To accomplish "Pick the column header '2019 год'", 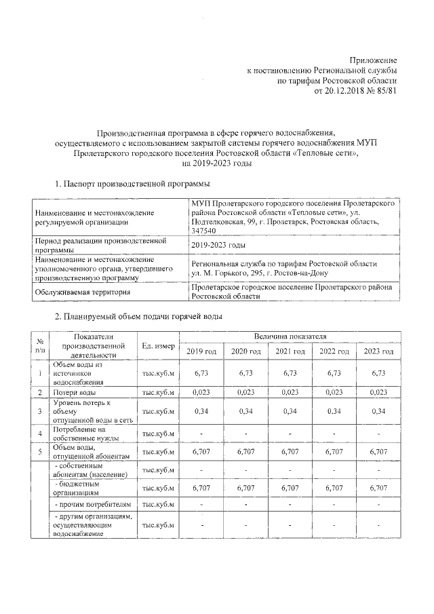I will pos(201,351).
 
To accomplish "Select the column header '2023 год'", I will pos(378,351).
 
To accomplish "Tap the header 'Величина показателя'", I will pos(290,337).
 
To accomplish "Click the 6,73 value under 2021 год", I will pos(290,373).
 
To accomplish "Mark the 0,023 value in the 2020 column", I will pos(245,392).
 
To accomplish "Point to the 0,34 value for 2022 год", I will pos(334,411).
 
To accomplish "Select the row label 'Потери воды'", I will pos(74,393).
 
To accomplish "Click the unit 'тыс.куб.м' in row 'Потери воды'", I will pos(158,393).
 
